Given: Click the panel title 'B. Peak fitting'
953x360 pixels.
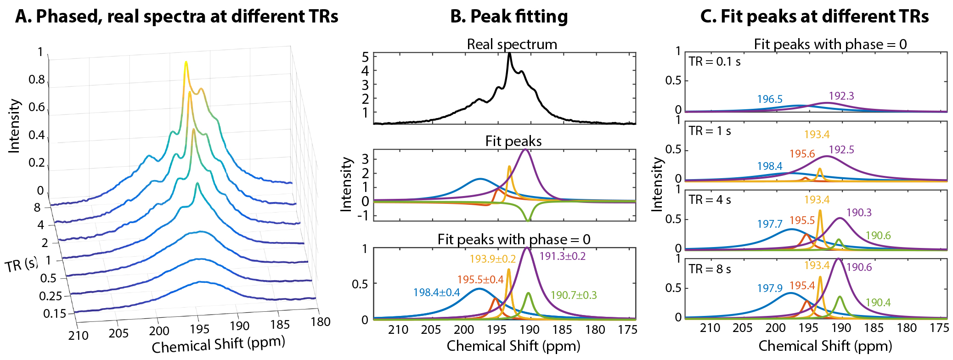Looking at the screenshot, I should [x=508, y=17].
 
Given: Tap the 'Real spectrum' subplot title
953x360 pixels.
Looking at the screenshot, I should [x=512, y=44].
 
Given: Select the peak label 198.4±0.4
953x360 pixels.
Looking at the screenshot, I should [x=436, y=292].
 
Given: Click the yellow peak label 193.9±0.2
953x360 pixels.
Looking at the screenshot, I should [x=492, y=259].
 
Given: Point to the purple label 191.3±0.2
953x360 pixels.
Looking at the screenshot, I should [x=562, y=256].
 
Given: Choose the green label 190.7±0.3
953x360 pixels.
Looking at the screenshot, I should [x=574, y=295].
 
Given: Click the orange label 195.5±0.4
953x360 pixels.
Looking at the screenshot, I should [x=480, y=280].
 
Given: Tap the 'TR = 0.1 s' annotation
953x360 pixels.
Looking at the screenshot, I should [x=714, y=62].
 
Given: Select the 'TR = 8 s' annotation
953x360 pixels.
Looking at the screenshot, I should [x=710, y=269].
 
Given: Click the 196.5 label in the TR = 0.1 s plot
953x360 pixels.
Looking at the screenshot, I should [x=770, y=99].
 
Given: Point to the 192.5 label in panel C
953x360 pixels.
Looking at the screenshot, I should [x=841, y=150].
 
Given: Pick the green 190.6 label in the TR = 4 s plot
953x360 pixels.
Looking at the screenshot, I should [x=878, y=236].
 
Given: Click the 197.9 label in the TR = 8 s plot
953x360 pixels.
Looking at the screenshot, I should [x=770, y=288].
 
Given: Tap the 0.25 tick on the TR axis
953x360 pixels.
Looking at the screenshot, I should [x=50, y=296].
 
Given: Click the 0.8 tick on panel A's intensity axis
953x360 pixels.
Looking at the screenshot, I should [x=37, y=79].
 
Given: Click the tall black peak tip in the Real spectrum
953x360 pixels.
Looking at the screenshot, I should [x=509, y=54].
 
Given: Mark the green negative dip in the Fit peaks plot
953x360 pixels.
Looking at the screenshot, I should [x=528, y=220].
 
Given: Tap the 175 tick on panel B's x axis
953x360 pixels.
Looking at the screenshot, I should [x=627, y=330].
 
